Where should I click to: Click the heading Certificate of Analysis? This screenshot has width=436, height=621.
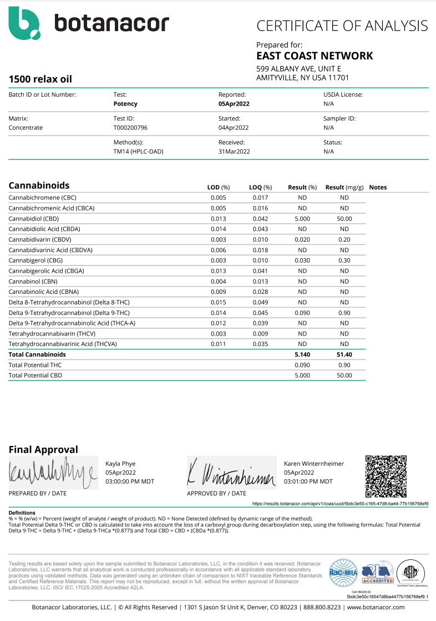click(342, 26)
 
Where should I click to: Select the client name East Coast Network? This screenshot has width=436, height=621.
click(314, 56)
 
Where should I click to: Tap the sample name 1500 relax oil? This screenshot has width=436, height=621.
click(40, 79)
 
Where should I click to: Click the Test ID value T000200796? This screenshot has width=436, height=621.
click(130, 127)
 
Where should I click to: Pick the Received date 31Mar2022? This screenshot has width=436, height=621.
click(235, 151)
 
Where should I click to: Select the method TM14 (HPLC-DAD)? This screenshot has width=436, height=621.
click(138, 151)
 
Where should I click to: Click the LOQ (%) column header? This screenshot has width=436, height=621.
click(260, 187)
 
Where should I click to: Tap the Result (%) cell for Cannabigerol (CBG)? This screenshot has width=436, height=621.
click(303, 261)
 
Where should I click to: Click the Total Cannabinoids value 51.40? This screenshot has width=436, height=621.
click(344, 354)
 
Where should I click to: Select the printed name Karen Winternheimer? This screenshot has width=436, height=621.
click(313, 463)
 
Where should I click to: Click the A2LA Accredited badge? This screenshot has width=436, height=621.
click(377, 573)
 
